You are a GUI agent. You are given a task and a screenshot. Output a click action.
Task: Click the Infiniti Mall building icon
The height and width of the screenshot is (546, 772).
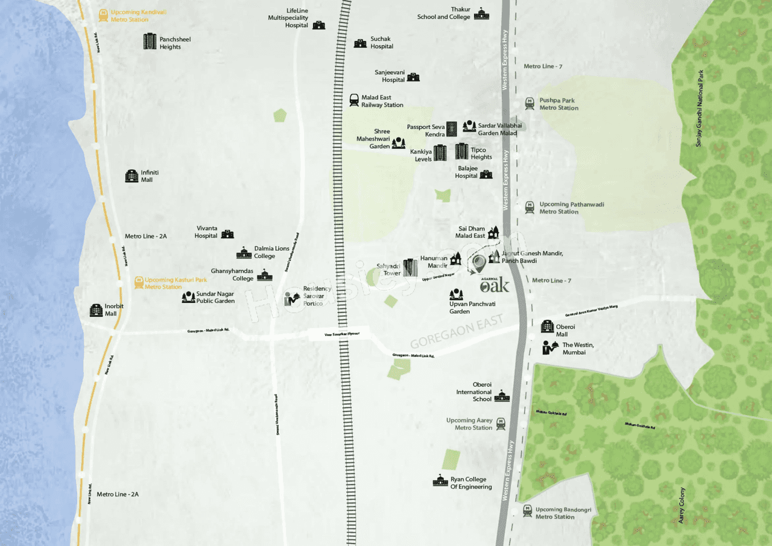coord(131,176)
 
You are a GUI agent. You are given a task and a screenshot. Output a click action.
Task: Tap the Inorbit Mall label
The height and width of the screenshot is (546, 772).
coord(114,310)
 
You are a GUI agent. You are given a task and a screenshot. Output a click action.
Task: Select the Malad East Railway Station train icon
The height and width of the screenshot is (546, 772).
coord(354,101)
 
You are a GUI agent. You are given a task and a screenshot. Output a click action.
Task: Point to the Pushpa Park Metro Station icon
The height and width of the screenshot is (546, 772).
coord(530,104)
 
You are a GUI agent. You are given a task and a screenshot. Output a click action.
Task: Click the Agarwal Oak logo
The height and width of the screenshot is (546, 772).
coord(495,285)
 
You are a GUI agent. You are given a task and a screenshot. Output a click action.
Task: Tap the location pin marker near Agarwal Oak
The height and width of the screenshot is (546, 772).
coord(478,263)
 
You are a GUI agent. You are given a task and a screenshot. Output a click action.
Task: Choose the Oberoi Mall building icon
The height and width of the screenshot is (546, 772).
coord(547,326)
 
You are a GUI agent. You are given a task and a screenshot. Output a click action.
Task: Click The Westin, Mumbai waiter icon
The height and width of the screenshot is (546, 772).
coord(549,348)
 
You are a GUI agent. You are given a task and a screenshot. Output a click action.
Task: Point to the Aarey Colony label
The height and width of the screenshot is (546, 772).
coord(682,505)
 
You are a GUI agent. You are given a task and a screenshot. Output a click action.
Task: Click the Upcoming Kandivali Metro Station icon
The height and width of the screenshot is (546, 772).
coord(104,16)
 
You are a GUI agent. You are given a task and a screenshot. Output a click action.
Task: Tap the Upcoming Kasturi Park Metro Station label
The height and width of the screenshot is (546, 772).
coord(176,283)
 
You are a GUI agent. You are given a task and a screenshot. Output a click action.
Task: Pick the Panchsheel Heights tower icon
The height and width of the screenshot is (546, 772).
coord(150,42)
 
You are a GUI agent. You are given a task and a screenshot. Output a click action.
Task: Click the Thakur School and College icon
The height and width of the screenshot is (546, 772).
coord(481,14)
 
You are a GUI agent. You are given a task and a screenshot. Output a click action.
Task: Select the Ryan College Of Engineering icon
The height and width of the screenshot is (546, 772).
coord(440,481)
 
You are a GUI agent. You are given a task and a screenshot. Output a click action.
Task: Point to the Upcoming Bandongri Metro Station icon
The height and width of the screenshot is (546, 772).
coord(527,510)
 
